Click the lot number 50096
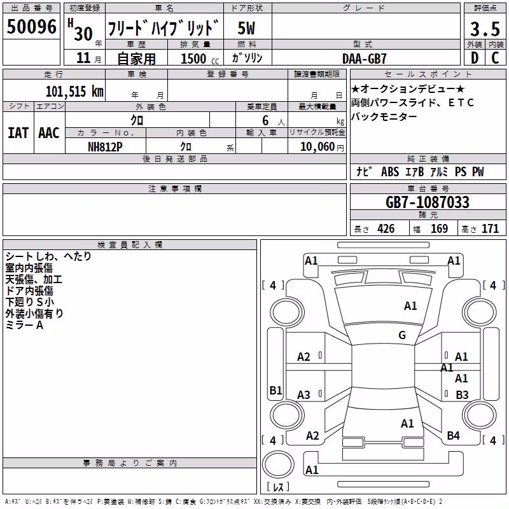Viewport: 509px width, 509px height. coord(31,26)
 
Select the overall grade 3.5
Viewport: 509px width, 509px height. coord(485,29)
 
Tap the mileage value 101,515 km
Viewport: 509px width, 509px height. coord(74,92)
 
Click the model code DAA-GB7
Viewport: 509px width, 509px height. coord(365,59)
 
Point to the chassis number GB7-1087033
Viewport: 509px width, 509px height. coord(428,202)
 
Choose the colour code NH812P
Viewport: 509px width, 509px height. coord(105,147)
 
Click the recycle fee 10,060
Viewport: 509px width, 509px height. coord(317,147)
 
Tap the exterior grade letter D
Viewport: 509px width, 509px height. coord(475,58)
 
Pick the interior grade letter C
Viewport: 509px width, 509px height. coord(495,58)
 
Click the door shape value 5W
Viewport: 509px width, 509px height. coord(246,28)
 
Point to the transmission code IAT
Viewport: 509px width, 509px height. coord(18,133)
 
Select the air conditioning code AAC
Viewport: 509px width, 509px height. coord(49,133)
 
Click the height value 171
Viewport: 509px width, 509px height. coord(490,228)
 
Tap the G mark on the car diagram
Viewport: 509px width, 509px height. coord(402,335)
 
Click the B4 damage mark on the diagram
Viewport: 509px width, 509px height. coord(453,436)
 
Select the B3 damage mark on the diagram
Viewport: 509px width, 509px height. coord(462,394)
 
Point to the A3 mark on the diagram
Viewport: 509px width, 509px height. coord(304,394)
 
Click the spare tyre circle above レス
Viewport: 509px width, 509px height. coord(278,464)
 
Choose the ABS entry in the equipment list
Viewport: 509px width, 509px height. coord(390,172)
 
